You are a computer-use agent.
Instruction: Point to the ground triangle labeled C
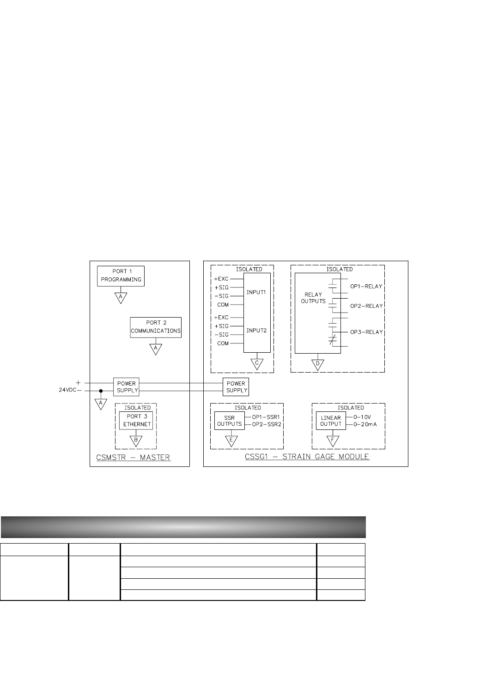(x=257, y=364)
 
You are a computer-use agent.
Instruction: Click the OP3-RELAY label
(x=366, y=332)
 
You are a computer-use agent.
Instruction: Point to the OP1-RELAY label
(x=366, y=287)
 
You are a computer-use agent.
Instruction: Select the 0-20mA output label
(x=365, y=424)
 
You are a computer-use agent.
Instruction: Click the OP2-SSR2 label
(x=267, y=424)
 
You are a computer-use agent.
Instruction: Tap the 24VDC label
(x=67, y=390)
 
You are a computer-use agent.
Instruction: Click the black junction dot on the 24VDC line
(x=101, y=391)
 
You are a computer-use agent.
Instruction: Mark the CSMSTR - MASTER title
(x=133, y=457)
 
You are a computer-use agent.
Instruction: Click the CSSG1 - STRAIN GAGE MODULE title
(x=307, y=457)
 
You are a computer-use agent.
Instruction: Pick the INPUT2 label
(x=256, y=331)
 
